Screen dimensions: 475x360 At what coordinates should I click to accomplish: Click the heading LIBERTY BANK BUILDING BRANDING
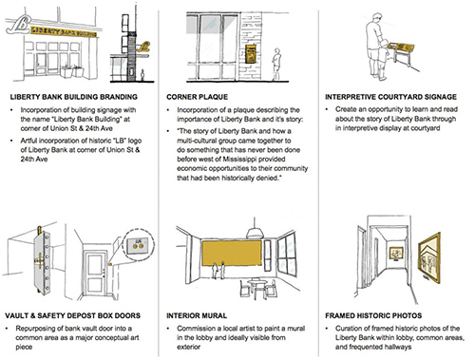pyautogui.click(x=73, y=97)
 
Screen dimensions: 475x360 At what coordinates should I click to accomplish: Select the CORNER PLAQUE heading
pyautogui.click(x=197, y=97)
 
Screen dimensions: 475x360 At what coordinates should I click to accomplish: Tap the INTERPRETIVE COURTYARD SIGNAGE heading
pyautogui.click(x=390, y=97)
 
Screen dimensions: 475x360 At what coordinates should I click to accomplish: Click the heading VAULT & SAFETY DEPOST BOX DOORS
pyautogui.click(x=72, y=315)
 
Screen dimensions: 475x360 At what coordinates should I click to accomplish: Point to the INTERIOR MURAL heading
pyautogui.click(x=197, y=315)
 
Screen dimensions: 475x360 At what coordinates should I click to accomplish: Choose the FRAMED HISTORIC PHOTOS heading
pyautogui.click(x=373, y=315)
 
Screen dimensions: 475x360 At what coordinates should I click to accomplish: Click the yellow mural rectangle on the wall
pyautogui.click(x=232, y=254)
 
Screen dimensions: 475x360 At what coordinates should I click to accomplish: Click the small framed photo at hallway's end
pyautogui.click(x=396, y=254)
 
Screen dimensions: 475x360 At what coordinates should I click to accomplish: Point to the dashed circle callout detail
pyautogui.click(x=139, y=244)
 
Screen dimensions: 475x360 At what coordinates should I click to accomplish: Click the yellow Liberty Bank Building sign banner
pyautogui.click(x=64, y=31)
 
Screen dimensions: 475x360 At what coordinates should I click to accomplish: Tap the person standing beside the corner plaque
pyautogui.click(x=276, y=64)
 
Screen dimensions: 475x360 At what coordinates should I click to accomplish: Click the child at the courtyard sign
pyautogui.click(x=383, y=59)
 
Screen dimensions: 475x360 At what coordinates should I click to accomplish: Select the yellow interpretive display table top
pyautogui.click(x=402, y=47)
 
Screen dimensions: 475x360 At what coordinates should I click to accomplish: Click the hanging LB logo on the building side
pyautogui.click(x=143, y=47)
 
